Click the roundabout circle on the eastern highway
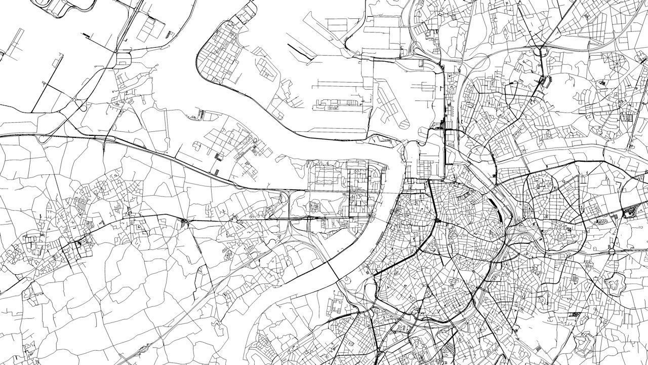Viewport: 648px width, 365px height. [x=612, y=251]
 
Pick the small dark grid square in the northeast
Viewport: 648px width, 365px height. [x=630, y=118]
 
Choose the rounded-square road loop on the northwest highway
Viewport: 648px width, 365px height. [x=123, y=60]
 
